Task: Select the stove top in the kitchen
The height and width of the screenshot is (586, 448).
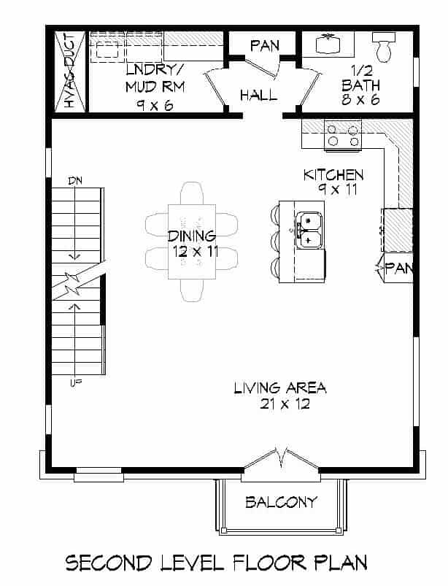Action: (x=343, y=136)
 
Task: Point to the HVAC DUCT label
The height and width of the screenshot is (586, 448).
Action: (x=70, y=72)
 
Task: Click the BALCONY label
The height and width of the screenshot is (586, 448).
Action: (x=281, y=502)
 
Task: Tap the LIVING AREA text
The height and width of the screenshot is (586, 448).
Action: (x=279, y=388)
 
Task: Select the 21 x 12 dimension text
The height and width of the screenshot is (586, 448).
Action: (x=279, y=404)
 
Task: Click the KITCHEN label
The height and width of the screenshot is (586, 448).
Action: (x=333, y=175)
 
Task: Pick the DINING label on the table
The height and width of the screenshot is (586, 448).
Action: (x=192, y=236)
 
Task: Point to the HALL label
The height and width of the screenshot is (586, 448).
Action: (x=258, y=95)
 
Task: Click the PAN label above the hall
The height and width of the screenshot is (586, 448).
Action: (x=264, y=45)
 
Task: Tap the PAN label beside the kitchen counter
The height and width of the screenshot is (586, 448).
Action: (x=399, y=268)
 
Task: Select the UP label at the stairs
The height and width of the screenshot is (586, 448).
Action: (x=74, y=382)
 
